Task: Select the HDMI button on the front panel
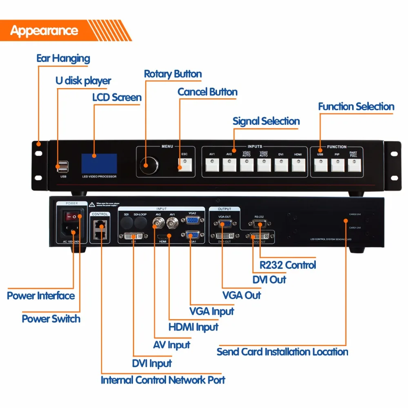click(299, 164)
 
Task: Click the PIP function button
click(337, 164)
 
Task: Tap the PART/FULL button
click(355, 164)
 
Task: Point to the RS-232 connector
click(259, 224)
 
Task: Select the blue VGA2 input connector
click(193, 220)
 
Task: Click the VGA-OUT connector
click(225, 224)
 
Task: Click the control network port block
click(99, 229)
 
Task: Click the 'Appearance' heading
click(44, 31)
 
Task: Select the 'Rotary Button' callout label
click(173, 74)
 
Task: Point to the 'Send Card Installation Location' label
click(282, 352)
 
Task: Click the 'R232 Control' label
click(288, 265)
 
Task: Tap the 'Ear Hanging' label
click(63, 58)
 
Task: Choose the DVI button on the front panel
click(281, 164)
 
